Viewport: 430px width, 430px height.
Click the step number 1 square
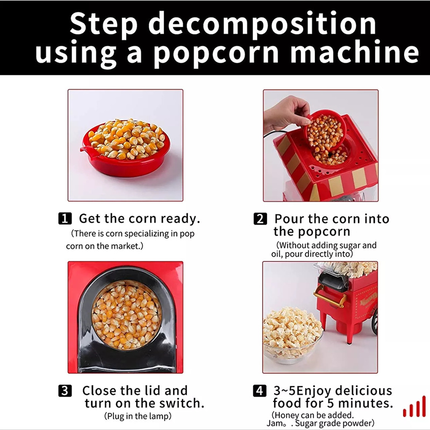(64, 219)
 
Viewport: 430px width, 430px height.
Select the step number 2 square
(260, 219)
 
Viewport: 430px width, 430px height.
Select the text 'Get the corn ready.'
(139, 219)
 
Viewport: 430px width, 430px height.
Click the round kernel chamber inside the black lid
(126, 314)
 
